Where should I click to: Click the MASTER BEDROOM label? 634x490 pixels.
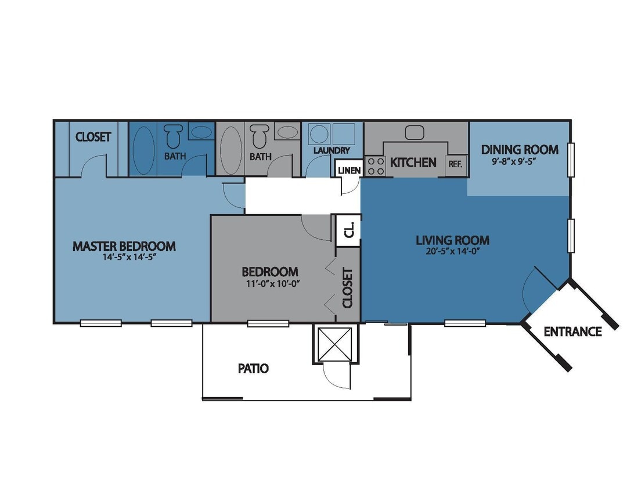tap(124, 246)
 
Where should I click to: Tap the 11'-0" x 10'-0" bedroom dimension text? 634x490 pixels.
tap(270, 283)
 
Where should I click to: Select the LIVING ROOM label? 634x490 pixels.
tap(452, 240)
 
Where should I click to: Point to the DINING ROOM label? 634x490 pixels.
tap(520, 150)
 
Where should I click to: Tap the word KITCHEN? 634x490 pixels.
tap(413, 163)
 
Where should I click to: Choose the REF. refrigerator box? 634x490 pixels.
tap(455, 164)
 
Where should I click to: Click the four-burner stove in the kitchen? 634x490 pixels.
tap(375, 166)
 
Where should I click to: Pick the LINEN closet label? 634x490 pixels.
tap(349, 171)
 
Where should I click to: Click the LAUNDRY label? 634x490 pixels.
tap(332, 151)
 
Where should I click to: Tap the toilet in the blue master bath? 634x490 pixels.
tap(172, 137)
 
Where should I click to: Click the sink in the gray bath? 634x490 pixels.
tap(286, 132)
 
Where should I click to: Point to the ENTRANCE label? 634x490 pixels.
tap(572, 332)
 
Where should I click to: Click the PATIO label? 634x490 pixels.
tap(253, 368)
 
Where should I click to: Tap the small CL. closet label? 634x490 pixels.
tap(349, 232)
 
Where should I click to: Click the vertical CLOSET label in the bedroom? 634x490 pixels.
tap(347, 288)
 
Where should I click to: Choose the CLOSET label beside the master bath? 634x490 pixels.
tap(93, 137)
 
